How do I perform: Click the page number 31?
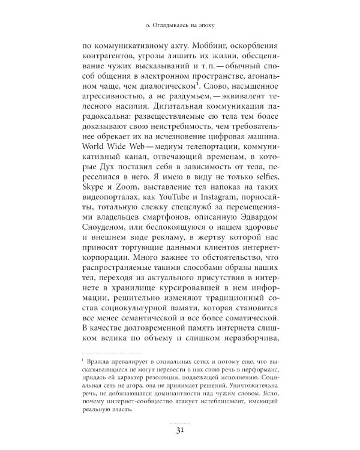point(180,428)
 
